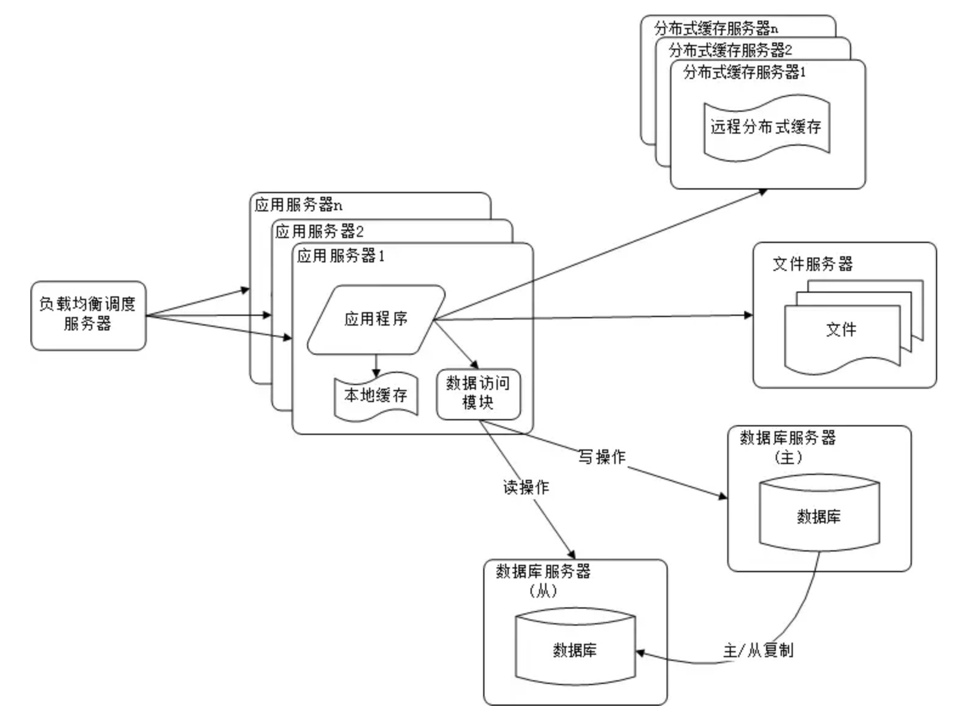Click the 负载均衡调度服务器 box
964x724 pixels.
click(x=88, y=315)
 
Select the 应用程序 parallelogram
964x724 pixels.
click(x=376, y=319)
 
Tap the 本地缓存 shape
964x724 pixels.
click(x=376, y=396)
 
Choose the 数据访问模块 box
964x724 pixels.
click(x=478, y=394)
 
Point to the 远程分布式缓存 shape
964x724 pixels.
click(x=766, y=127)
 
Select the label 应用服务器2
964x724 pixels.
click(x=319, y=231)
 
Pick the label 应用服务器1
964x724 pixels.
click(x=341, y=256)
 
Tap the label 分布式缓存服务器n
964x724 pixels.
click(x=716, y=28)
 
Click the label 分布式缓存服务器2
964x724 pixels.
click(x=730, y=50)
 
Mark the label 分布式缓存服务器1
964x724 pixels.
click(x=744, y=72)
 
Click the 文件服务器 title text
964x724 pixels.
click(x=812, y=264)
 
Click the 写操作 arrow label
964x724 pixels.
click(x=602, y=457)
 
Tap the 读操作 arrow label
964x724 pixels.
click(x=526, y=487)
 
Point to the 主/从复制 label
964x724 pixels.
click(x=758, y=651)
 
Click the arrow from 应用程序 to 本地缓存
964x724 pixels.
click(x=376, y=364)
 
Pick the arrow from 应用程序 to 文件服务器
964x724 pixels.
click(x=595, y=317)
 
